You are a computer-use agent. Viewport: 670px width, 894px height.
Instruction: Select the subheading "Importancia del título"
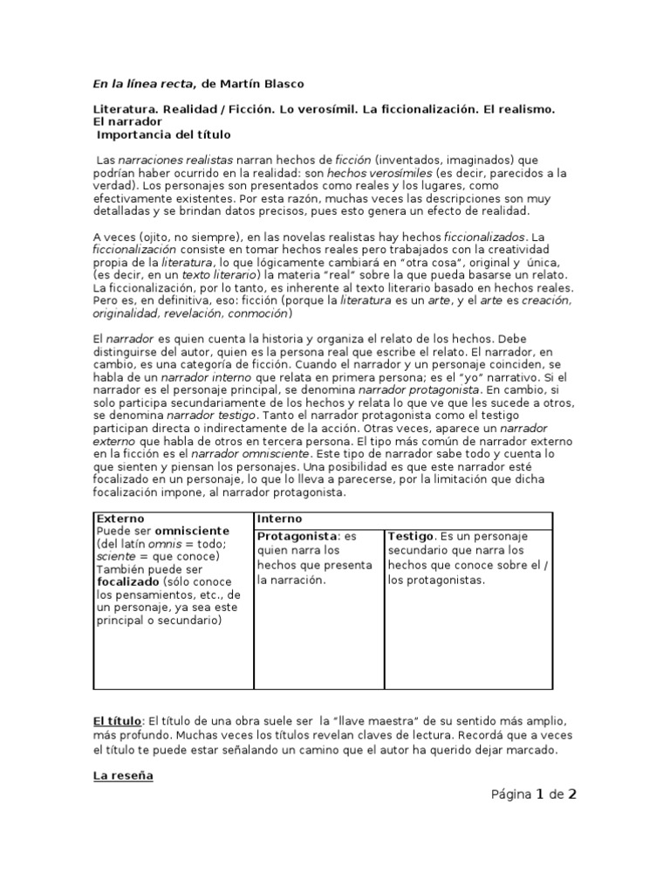pos(165,135)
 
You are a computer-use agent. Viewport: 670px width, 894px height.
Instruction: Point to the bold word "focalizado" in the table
pos(128,581)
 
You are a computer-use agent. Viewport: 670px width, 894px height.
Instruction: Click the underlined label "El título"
pos(117,721)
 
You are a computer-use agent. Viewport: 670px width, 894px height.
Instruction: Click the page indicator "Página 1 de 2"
pos(522,794)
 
